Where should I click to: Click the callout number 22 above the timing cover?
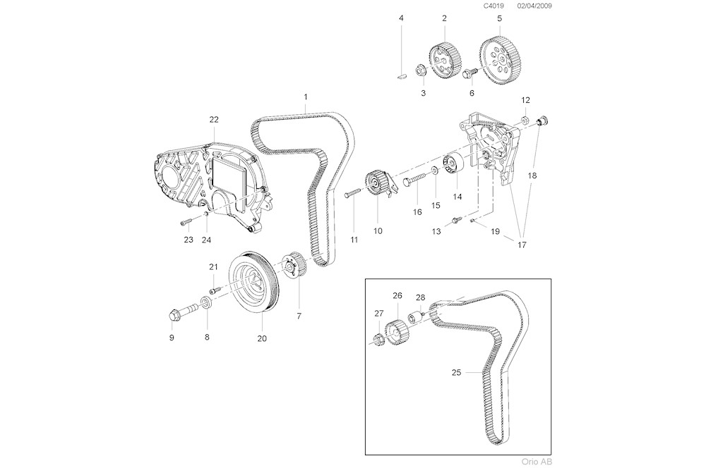tap(214, 119)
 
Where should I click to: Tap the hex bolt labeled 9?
tap(176, 313)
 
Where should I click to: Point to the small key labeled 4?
tap(401, 71)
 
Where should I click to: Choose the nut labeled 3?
tap(419, 70)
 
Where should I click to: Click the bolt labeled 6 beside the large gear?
tap(468, 73)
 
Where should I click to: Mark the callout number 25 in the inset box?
tap(456, 371)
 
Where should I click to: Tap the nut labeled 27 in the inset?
tap(379, 337)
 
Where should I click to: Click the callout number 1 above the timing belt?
tap(306, 96)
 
